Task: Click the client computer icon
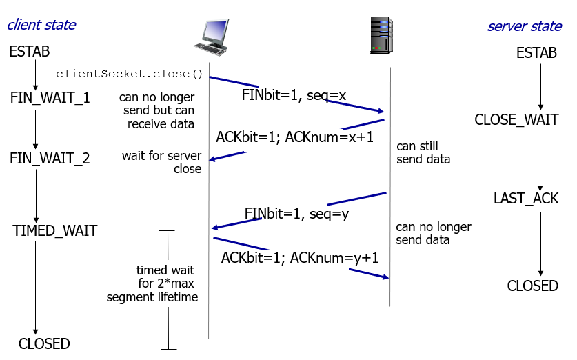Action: pos(212,37)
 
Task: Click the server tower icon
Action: pos(381,35)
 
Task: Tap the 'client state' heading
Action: pos(41,25)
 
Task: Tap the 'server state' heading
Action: pos(525,26)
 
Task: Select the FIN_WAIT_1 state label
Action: pos(50,98)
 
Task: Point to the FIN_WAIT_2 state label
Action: pos(50,159)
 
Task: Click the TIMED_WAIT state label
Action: pos(55,231)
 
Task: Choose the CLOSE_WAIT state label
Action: pos(516,119)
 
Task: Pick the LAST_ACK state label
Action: pos(526,199)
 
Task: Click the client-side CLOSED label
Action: pos(44,344)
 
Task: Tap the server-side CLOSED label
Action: pos(532,286)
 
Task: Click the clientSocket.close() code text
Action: pos(129,74)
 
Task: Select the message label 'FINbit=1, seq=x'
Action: pos(294,95)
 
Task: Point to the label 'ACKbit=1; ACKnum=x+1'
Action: pos(294,137)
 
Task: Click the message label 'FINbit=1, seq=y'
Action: pos(296,214)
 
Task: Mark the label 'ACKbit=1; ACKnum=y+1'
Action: pos(300,258)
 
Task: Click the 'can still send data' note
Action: pos(423,153)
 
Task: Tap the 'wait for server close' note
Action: pos(161,162)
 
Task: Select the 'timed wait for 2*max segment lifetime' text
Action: pos(152,283)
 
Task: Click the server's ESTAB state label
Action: pos(536,53)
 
